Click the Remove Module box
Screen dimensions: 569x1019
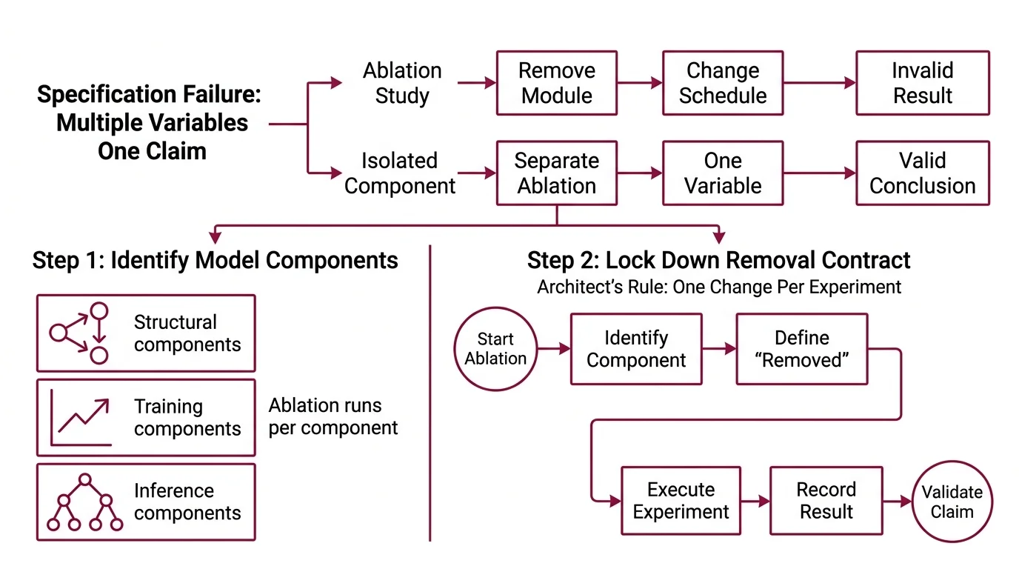[x=556, y=83]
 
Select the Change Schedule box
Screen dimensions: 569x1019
[x=722, y=83]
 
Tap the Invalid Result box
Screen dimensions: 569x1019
[x=922, y=83]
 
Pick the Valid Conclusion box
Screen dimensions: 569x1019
[x=922, y=173]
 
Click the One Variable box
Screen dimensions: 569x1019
[x=722, y=173]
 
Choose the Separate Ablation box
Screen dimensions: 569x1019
[x=556, y=173]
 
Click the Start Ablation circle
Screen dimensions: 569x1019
[x=495, y=349]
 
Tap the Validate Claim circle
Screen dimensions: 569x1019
[x=952, y=502]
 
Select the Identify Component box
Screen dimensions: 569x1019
[x=635, y=349]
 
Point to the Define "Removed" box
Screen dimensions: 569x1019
[x=801, y=349]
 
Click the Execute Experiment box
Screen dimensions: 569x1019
[x=681, y=501]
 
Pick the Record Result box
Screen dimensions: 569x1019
[x=826, y=501]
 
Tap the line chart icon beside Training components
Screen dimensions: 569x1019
[x=81, y=418]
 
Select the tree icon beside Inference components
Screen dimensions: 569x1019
[x=84, y=502]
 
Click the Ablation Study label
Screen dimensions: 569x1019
[x=402, y=83]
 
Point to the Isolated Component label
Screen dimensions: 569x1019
[x=400, y=173]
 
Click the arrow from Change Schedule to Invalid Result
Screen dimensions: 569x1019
[x=819, y=83]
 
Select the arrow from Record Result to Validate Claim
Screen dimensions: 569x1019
[x=897, y=502]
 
